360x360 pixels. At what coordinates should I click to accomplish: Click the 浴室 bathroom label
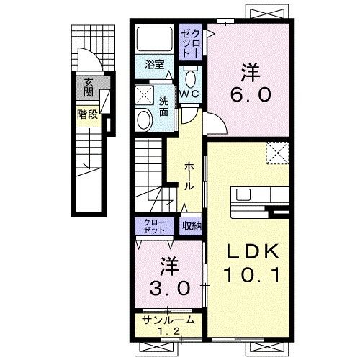click(x=154, y=64)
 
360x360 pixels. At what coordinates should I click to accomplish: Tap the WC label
click(x=189, y=94)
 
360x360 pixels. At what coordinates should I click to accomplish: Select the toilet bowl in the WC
click(x=191, y=79)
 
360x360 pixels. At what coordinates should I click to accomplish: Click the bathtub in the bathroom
click(x=155, y=39)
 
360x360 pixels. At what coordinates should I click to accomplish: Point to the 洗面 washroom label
click(x=164, y=107)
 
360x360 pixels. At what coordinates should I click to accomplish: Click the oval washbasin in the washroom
click(x=143, y=120)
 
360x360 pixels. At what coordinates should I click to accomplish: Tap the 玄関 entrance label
click(x=89, y=87)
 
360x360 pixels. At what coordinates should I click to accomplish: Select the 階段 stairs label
click(x=88, y=114)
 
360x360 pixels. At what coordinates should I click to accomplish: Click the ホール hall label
click(x=189, y=176)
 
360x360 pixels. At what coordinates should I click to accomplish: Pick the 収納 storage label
click(x=192, y=226)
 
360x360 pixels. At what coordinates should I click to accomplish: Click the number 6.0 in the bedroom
click(x=251, y=94)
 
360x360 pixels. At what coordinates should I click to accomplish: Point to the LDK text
click(x=253, y=251)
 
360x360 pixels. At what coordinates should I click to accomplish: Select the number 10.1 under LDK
click(x=252, y=275)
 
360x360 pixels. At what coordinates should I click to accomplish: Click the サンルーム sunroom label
click(x=168, y=320)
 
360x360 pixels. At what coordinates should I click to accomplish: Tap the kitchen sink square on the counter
click(x=243, y=194)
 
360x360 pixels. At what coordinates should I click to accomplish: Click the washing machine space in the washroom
click(x=144, y=95)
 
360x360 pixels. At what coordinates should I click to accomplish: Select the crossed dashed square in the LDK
click(x=277, y=153)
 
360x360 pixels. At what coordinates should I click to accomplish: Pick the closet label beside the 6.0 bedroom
click(x=190, y=43)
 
